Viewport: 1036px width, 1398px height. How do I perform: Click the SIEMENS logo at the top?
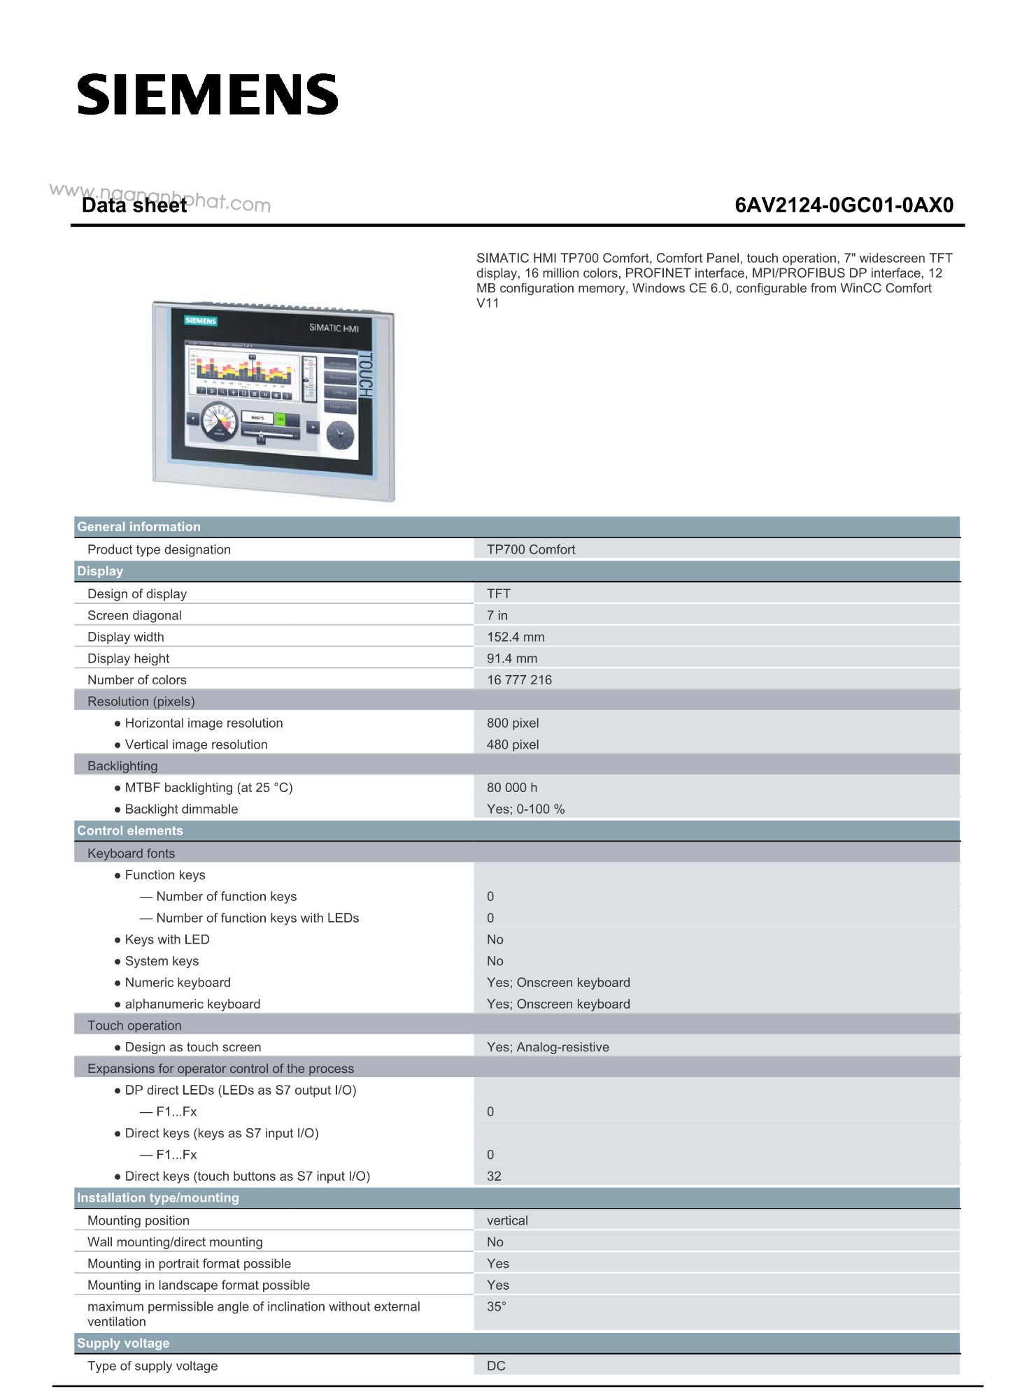click(x=208, y=95)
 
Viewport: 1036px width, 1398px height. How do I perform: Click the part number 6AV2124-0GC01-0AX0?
click(x=844, y=205)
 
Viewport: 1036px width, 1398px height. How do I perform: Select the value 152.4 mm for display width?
click(x=516, y=637)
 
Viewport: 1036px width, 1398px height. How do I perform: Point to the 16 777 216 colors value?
click(x=519, y=679)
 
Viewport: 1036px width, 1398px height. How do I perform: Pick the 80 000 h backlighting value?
click(x=512, y=787)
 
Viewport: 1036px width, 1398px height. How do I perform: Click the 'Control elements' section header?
click(x=130, y=830)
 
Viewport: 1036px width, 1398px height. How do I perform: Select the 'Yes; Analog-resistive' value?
click(x=548, y=1046)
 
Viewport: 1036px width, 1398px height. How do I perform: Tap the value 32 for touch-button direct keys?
click(x=494, y=1176)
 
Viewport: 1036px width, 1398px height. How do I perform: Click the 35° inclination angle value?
click(x=497, y=1306)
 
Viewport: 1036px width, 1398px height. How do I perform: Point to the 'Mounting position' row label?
click(x=139, y=1220)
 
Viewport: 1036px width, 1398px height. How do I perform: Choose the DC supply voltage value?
click(x=496, y=1366)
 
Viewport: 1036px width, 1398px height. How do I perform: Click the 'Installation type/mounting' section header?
click(x=158, y=1197)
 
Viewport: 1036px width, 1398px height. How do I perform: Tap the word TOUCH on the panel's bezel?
click(x=365, y=375)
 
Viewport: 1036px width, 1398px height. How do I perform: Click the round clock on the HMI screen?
click(x=341, y=435)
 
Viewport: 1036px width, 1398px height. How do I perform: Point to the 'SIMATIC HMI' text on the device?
click(x=334, y=328)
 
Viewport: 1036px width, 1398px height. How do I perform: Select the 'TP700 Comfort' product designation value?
click(x=531, y=549)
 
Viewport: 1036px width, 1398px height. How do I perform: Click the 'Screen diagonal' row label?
click(x=134, y=615)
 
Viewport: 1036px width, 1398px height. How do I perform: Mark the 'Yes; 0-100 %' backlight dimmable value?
click(x=525, y=809)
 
